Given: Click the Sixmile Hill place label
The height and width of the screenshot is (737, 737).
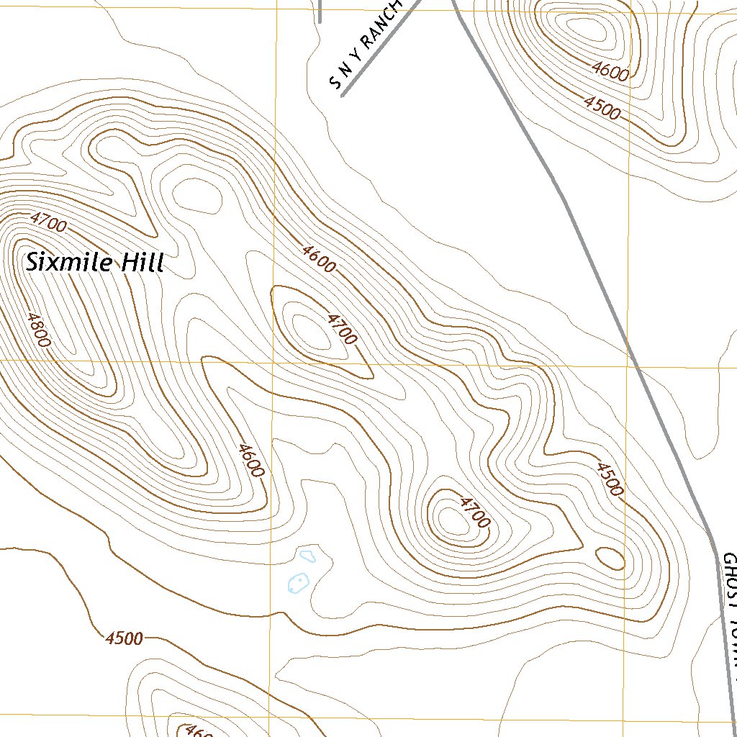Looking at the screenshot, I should [x=95, y=262].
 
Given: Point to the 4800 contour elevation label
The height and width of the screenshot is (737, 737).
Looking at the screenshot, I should [x=37, y=330].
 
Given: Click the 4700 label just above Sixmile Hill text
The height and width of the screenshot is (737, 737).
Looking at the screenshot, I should [x=48, y=222].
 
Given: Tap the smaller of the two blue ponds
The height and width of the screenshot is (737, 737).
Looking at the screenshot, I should [x=308, y=556].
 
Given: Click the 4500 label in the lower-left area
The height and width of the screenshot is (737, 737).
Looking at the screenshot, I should [x=124, y=638].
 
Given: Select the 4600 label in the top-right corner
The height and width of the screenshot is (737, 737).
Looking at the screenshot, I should [x=610, y=70].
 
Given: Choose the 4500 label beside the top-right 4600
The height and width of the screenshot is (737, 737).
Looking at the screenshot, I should [x=602, y=108].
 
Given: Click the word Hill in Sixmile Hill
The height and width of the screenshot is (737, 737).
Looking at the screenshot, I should [x=142, y=262].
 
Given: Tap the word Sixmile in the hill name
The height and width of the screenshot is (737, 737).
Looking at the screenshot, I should [x=69, y=262].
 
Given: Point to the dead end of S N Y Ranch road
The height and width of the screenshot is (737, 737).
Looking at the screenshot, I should [x=343, y=95].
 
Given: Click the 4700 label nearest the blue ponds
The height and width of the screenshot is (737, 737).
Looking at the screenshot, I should [x=473, y=512].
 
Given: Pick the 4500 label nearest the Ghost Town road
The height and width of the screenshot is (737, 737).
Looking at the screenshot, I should [x=608, y=479].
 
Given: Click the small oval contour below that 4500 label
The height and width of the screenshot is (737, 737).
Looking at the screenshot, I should [x=610, y=558].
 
